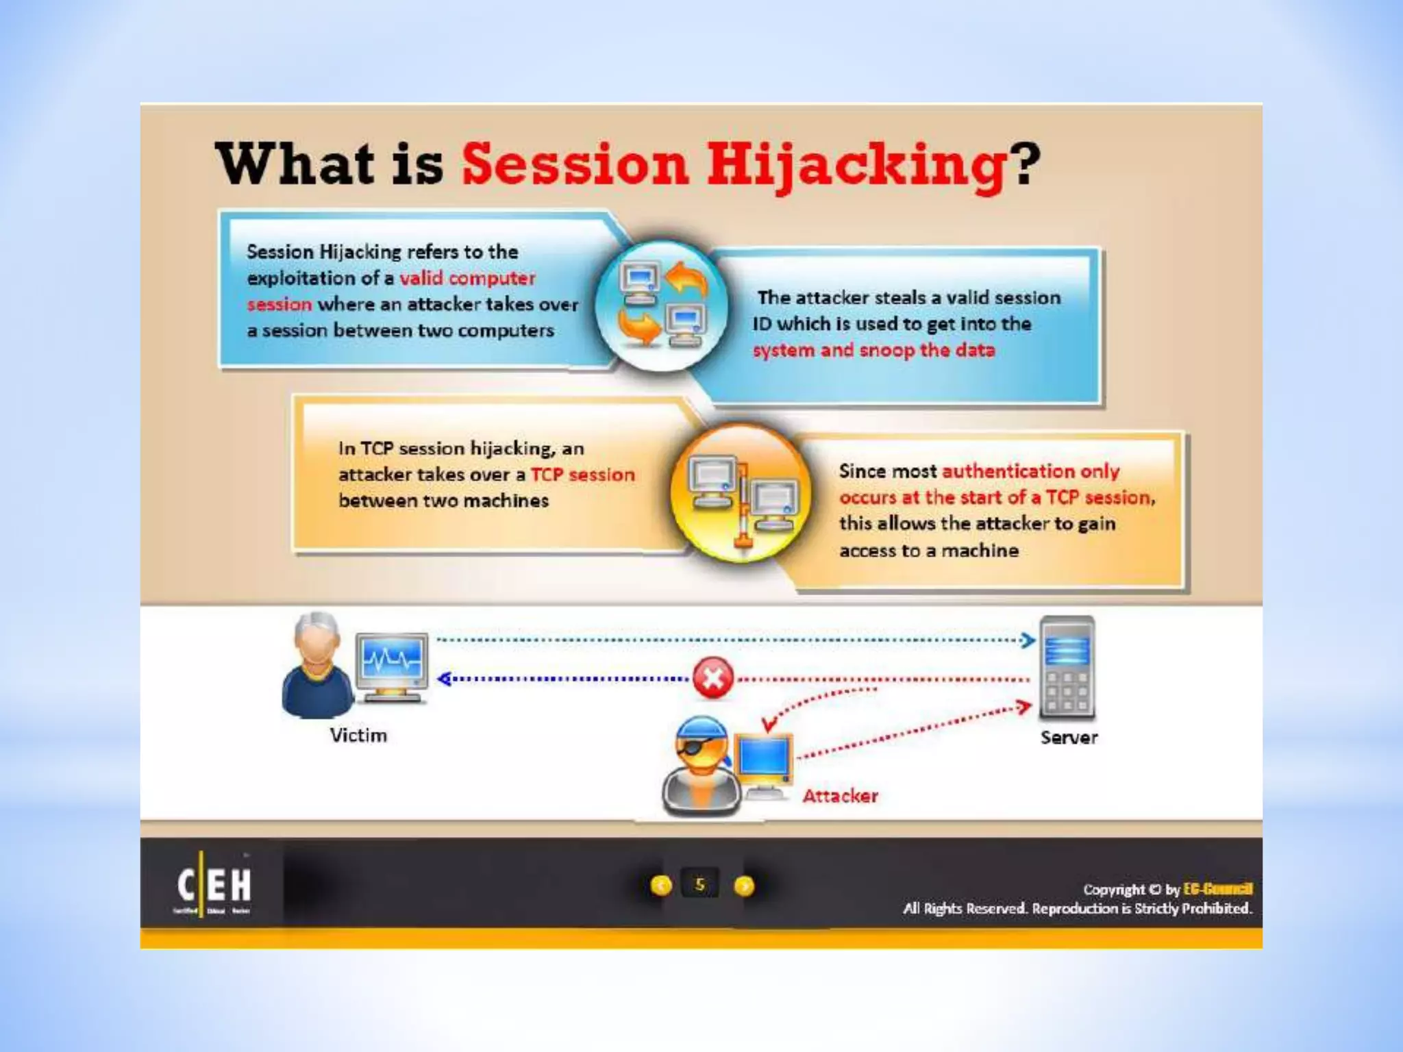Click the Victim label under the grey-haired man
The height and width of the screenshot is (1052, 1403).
pos(358,735)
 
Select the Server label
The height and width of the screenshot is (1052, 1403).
pos(1069,738)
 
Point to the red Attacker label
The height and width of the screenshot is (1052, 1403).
pos(840,796)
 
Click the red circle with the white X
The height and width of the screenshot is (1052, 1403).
pos(712,678)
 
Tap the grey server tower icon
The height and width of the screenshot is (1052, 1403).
pos(1067,668)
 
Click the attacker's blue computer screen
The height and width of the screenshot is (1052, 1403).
pos(764,760)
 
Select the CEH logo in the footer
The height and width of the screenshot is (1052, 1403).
pos(214,885)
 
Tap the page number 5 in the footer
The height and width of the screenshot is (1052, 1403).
pos(699,885)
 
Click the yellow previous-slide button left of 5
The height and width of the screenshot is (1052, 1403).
pos(661,886)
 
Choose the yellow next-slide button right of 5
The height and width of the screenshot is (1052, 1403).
pos(744,886)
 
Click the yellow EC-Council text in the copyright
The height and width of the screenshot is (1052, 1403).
pos(1217,889)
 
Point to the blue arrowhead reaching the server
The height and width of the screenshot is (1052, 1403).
pos(1028,640)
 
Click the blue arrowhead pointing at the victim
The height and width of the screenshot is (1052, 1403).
pos(444,679)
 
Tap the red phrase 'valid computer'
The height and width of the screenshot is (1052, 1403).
pos(467,278)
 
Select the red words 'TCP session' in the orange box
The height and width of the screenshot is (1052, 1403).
pos(582,475)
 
